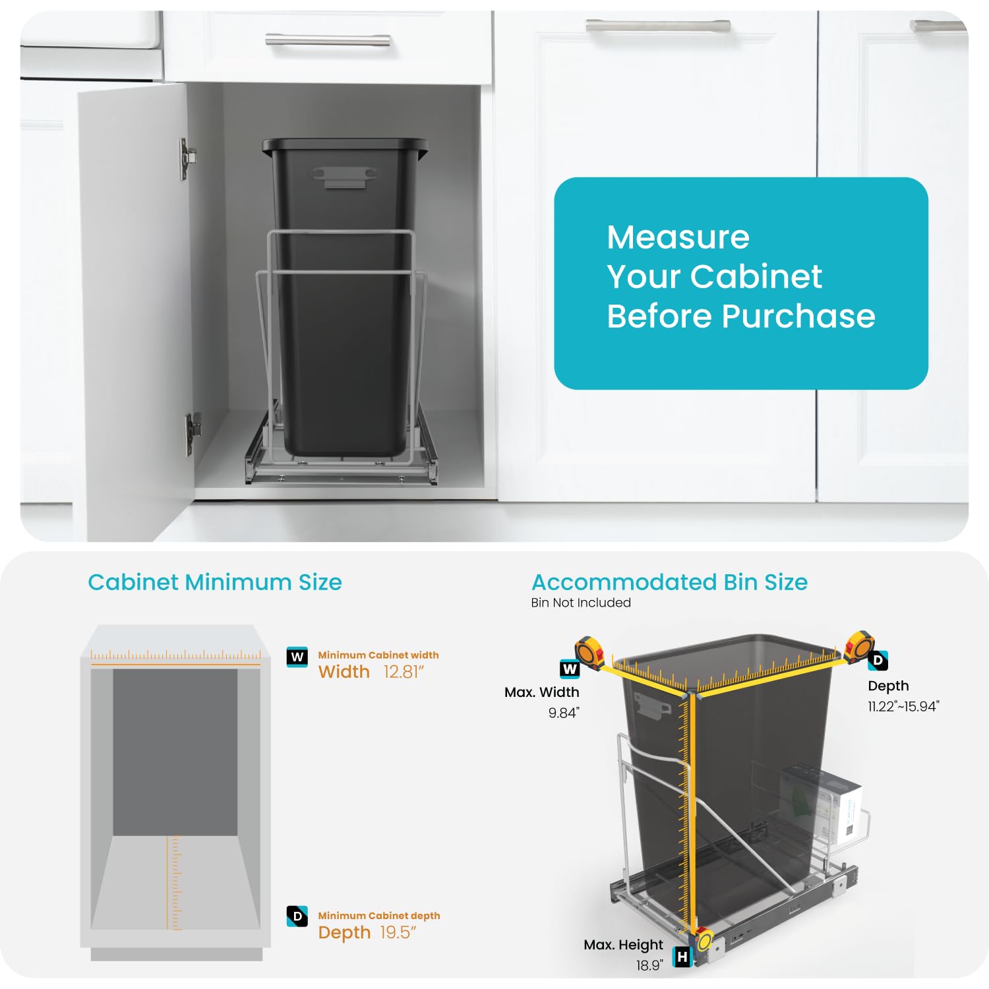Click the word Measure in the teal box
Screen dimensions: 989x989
[x=678, y=237]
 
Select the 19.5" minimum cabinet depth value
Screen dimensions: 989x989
[x=398, y=932]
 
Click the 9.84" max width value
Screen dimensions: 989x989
[x=564, y=713]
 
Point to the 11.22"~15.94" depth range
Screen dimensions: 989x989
[x=903, y=707]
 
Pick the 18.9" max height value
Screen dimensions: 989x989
[x=649, y=965]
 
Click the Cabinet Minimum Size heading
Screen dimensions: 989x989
[x=215, y=582]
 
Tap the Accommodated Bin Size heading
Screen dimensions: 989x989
[x=669, y=582]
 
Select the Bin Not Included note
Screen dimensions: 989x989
[x=581, y=603]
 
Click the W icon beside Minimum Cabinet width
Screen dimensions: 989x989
[x=297, y=657]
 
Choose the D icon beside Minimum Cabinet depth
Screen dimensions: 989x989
[x=297, y=916]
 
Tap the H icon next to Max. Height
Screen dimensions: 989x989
[x=682, y=956]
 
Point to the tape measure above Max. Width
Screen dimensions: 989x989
[x=589, y=651]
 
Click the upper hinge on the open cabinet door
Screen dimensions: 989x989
[x=187, y=158]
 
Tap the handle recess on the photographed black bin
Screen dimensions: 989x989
[x=345, y=177]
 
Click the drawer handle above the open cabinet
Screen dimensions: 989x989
[x=328, y=41]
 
